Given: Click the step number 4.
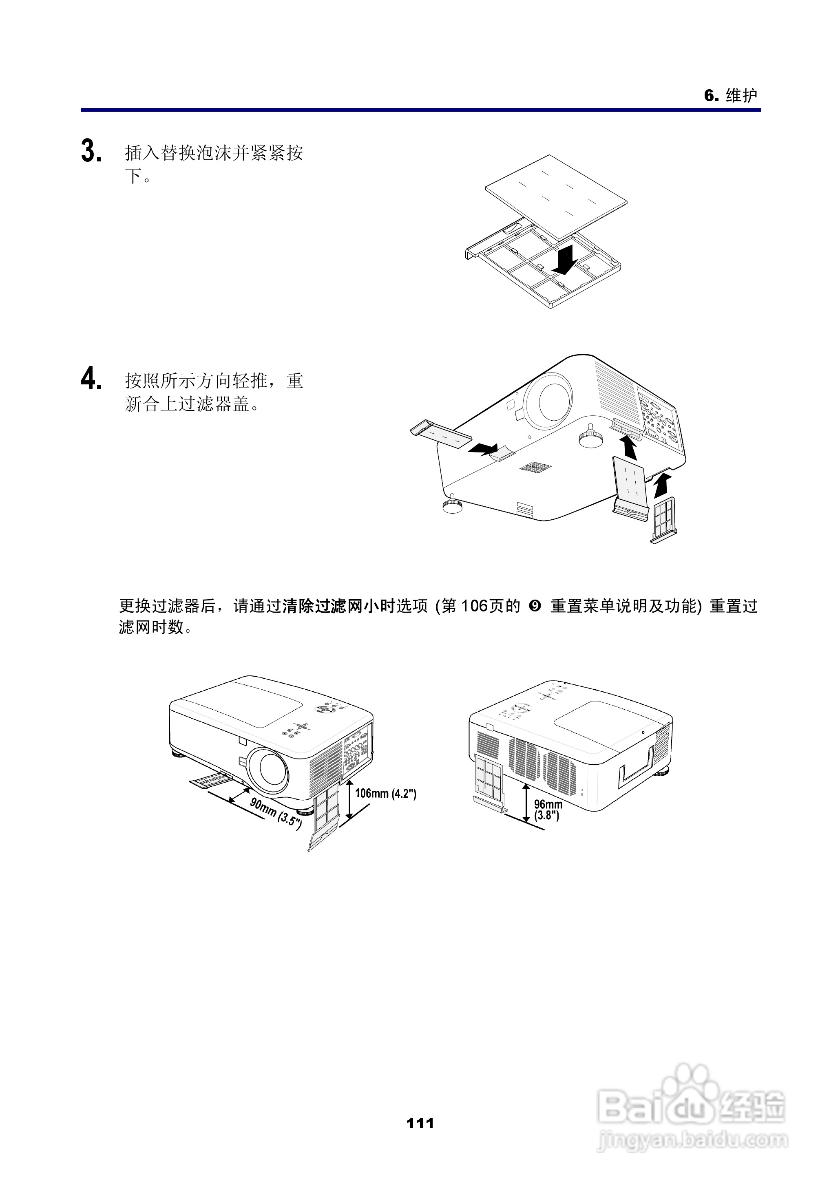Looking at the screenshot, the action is [x=91, y=379].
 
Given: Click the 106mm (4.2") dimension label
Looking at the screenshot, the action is [x=385, y=793].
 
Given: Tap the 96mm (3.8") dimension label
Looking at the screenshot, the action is [x=548, y=810].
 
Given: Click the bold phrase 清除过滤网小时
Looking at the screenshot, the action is [x=339, y=606].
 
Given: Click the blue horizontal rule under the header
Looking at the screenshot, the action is [x=420, y=110].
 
